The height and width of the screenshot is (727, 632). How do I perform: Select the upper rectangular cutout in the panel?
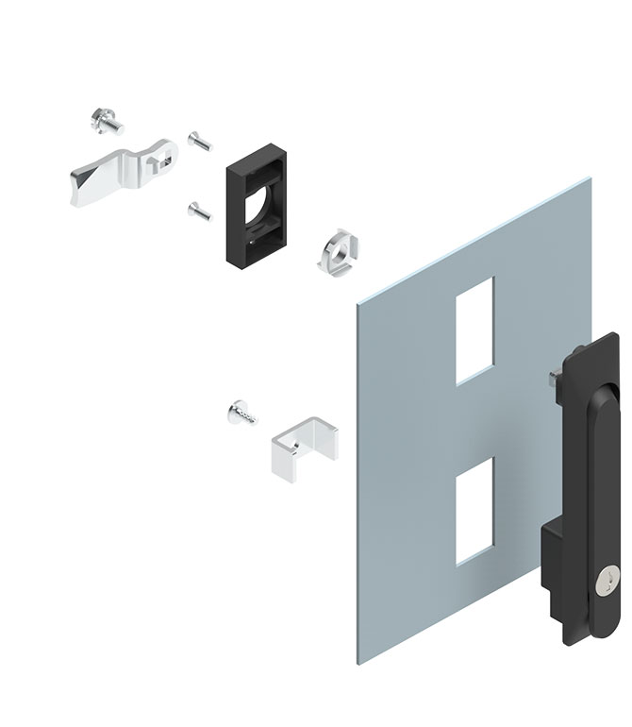(x=474, y=330)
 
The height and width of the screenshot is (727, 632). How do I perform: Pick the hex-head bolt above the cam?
(x=105, y=123)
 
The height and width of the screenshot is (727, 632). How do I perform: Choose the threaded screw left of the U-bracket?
(x=241, y=414)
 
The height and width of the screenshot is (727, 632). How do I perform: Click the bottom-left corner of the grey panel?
(x=359, y=659)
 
